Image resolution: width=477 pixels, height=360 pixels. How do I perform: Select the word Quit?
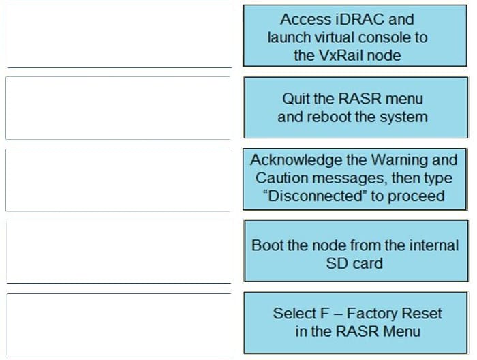click(296, 99)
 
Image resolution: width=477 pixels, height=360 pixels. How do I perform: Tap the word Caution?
click(280, 178)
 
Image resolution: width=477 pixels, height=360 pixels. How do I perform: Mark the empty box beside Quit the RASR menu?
click(118, 108)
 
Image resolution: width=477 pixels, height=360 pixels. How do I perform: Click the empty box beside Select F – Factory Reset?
click(118, 323)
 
